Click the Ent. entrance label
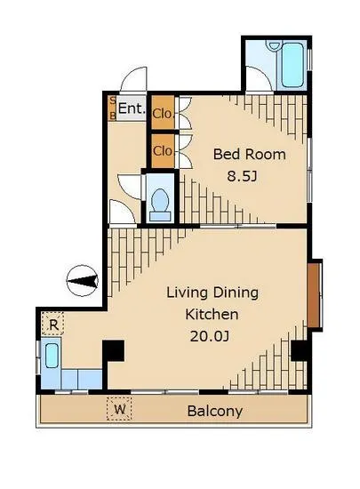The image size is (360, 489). [132, 108]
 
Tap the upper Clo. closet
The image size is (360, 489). [163, 113]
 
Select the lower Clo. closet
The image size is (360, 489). [163, 151]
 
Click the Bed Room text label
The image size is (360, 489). [250, 155]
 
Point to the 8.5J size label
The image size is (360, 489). [242, 177]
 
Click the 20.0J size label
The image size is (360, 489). [210, 336]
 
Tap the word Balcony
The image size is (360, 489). [215, 411]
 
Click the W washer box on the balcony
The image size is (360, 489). [119, 409]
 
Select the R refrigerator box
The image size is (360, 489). [53, 323]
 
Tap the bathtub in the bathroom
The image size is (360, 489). [292, 65]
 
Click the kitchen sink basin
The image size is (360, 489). [52, 356]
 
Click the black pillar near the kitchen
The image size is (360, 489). [114, 351]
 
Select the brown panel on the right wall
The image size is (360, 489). [314, 294]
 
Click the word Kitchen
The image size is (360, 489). [212, 315]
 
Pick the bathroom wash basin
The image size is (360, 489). [275, 46]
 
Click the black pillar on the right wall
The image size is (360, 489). [300, 350]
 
